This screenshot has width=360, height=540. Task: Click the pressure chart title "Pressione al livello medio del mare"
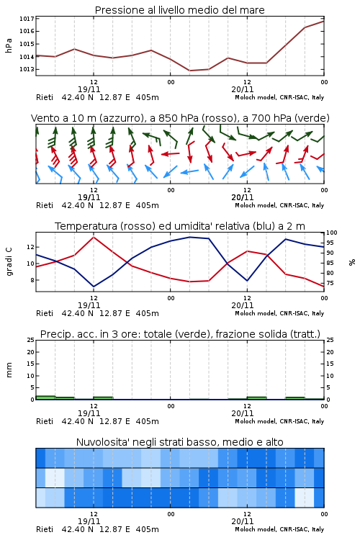(179, 10)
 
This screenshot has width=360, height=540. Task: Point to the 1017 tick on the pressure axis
(27, 19)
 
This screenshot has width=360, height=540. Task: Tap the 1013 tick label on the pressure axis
(27, 70)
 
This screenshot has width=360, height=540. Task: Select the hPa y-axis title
(9, 45)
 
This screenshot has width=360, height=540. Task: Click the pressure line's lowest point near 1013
(189, 71)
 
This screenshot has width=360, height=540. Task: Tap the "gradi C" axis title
(9, 262)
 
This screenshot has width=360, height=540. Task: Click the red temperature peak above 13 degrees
(94, 237)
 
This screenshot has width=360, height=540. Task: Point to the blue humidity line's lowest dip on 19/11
(94, 287)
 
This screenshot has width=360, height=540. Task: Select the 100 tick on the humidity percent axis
(332, 233)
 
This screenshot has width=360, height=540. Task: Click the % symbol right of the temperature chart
(352, 262)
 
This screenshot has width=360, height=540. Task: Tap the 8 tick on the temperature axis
(32, 280)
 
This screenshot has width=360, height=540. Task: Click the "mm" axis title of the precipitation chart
(9, 370)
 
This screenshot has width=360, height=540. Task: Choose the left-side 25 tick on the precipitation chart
(31, 340)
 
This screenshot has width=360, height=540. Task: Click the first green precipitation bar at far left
(45, 397)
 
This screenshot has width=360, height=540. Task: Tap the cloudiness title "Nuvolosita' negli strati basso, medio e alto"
(179, 442)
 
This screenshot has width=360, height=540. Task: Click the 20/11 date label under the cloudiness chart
(242, 521)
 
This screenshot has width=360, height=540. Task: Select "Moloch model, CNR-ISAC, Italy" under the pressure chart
(279, 97)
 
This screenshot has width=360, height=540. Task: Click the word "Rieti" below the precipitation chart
(45, 421)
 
